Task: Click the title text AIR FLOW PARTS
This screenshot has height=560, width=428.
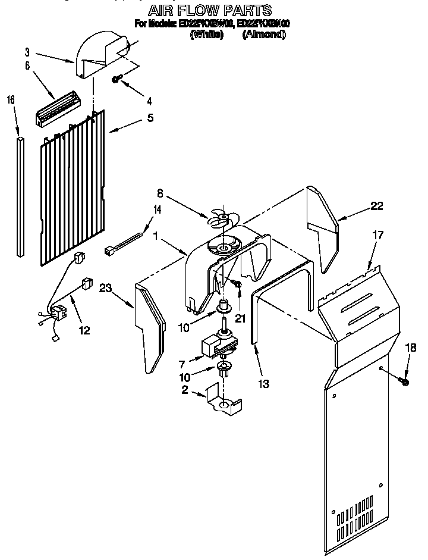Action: pos(210,10)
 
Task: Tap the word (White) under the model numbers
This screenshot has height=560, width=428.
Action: pos(206,35)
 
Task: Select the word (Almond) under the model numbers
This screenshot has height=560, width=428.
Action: pos(264,35)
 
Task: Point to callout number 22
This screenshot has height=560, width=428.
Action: pos(376,207)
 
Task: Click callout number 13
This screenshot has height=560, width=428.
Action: pos(263,384)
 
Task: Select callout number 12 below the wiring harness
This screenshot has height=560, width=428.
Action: pos(84,330)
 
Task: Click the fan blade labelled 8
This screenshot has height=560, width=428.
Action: pos(219,221)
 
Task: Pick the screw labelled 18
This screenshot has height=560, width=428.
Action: pos(405,380)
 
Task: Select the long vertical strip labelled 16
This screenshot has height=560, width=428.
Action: pos(21,196)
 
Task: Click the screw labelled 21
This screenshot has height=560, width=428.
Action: pos(237,287)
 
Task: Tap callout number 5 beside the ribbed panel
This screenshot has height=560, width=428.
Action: pos(150,118)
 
